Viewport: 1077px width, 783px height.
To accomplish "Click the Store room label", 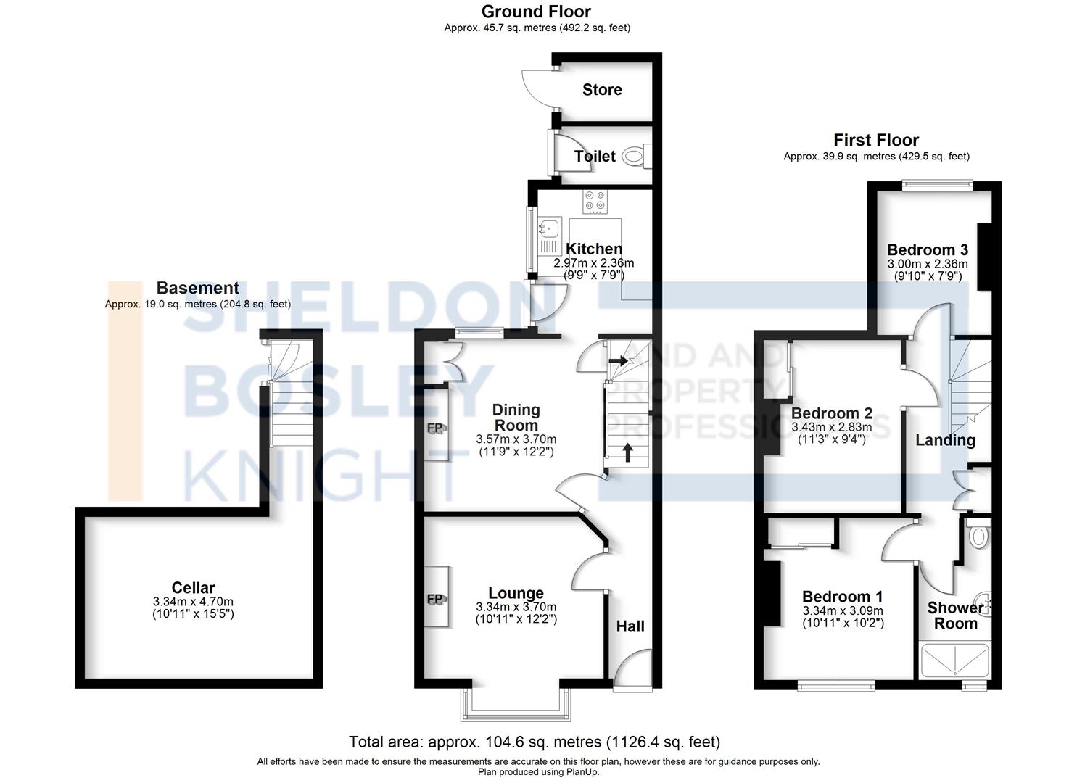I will click(602, 90).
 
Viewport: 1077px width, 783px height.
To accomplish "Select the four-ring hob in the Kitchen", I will click(595, 200).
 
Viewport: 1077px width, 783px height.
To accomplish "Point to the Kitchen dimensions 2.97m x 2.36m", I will click(593, 263).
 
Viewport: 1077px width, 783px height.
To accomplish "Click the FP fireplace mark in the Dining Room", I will click(435, 428).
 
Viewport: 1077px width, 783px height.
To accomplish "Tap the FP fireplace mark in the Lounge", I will click(435, 599).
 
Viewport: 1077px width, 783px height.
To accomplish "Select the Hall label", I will click(630, 626).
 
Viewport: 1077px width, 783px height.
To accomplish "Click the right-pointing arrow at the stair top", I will click(619, 360).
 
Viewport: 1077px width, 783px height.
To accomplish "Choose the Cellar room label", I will click(193, 588).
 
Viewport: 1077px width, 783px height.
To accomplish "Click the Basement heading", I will click(197, 289).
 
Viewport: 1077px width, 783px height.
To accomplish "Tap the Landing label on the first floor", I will click(945, 440).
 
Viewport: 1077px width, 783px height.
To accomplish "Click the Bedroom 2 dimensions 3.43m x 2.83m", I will click(832, 427).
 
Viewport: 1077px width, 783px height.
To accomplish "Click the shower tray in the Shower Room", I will click(954, 660).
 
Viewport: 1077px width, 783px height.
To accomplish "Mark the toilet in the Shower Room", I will click(978, 534).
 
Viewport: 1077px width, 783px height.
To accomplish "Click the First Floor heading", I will click(875, 140).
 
